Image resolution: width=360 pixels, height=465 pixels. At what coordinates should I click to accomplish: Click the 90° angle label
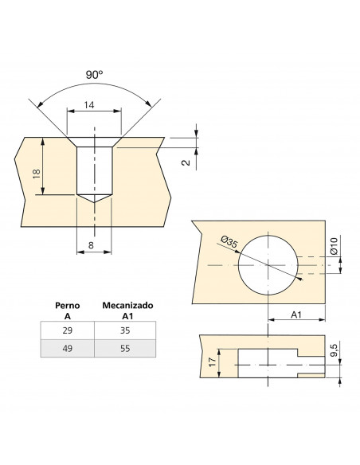[x=95, y=75]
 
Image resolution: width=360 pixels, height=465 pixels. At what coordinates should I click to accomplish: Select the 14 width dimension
[x=89, y=105]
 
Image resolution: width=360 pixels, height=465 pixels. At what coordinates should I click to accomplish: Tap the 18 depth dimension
[x=37, y=174]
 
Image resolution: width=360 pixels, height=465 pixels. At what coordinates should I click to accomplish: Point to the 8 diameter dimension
[x=91, y=245]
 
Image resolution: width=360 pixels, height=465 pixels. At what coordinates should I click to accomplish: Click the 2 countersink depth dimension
[x=186, y=162]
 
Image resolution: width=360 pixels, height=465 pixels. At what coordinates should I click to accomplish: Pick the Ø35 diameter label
[x=229, y=242]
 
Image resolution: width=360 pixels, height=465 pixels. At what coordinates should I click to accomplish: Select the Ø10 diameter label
[x=334, y=245]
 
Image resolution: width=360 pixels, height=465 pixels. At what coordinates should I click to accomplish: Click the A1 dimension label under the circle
[x=296, y=315]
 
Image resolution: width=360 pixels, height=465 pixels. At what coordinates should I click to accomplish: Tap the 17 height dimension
[x=213, y=361]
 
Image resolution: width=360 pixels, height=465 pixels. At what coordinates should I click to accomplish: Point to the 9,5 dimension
[x=335, y=349]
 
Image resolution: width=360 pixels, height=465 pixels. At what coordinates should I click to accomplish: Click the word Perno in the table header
[x=68, y=306]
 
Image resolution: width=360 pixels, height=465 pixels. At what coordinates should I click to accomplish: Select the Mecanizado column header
[x=127, y=306]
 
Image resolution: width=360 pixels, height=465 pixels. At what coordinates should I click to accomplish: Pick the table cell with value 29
[x=68, y=330]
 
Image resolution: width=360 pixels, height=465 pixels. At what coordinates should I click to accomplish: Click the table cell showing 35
[x=125, y=330]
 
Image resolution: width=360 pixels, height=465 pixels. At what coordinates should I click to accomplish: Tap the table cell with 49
[x=68, y=348]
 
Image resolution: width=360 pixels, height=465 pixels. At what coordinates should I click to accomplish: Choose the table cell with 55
[x=125, y=348]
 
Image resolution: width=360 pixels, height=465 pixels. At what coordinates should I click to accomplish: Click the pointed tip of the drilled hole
[x=94, y=202]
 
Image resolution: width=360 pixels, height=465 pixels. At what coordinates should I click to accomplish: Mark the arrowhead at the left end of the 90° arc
[x=40, y=104]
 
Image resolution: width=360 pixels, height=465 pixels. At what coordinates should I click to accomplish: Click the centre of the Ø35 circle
[x=268, y=265]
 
